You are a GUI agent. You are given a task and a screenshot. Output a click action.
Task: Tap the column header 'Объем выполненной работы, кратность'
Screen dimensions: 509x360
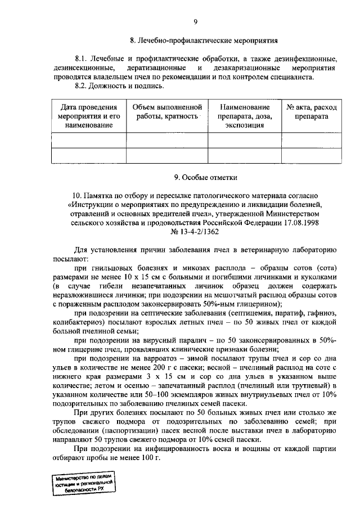166,111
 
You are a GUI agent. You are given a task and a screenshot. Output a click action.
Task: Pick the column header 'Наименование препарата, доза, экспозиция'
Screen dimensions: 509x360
245,116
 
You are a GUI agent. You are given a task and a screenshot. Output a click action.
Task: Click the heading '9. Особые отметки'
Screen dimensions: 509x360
203,178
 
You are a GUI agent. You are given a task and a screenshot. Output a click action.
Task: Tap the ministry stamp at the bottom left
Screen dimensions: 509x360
83,482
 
